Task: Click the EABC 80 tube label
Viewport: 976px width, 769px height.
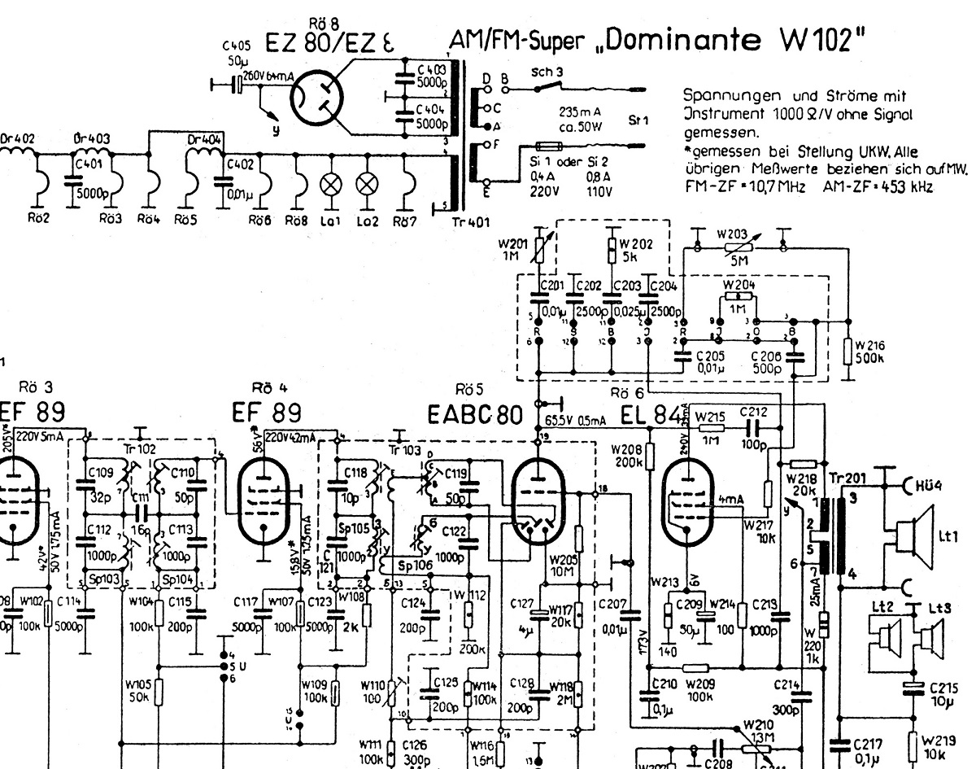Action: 474,415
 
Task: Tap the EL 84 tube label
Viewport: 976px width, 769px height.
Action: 650,414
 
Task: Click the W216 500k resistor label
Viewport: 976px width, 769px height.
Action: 869,352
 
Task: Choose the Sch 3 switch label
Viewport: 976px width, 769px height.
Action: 547,72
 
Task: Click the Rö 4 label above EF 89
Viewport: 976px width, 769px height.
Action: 269,387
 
